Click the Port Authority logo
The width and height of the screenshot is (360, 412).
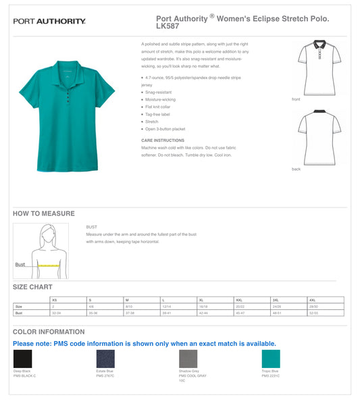pos(49,22)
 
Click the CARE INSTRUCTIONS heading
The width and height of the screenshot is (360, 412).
pos(163,140)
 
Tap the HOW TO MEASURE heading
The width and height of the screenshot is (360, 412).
pos(44,213)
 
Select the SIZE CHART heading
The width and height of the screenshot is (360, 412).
pos(32,287)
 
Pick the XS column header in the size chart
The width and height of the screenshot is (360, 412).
pos(55,299)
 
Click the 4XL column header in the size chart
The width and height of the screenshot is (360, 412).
pos(312,299)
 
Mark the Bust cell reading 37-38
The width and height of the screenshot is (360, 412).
pos(130,313)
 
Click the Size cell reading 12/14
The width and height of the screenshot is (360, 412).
pos(166,307)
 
